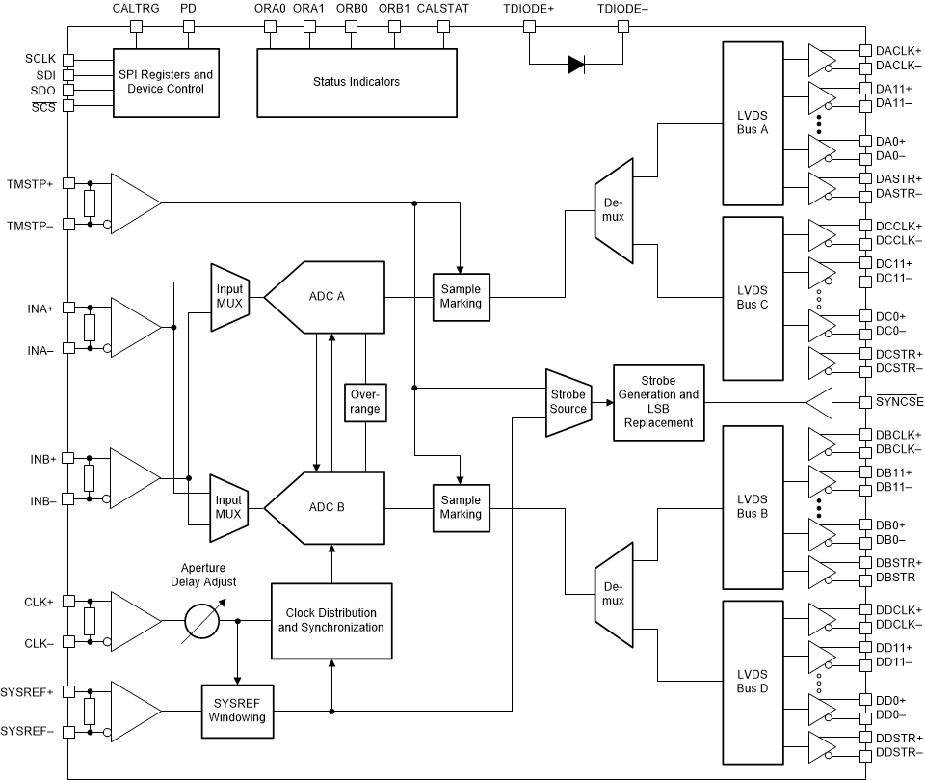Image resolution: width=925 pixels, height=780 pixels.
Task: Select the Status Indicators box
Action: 356,82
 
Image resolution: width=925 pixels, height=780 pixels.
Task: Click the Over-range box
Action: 365,402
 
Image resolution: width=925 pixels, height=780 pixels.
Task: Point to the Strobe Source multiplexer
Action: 568,402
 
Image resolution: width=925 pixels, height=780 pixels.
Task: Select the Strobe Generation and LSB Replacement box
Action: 659,402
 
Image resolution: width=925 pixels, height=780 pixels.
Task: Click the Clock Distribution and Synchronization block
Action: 331,620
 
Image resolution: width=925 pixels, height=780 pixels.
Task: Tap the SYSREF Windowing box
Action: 236,711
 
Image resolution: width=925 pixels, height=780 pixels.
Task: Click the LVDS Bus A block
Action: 752,123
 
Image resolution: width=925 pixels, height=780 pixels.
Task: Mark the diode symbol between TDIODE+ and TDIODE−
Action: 575,65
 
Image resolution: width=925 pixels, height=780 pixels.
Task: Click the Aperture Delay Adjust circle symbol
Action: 204,620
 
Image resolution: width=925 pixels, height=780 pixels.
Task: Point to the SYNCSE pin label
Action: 898,402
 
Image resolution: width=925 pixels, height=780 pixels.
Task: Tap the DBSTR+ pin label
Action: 898,563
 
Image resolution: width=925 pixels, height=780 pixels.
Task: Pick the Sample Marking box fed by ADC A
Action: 461,297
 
